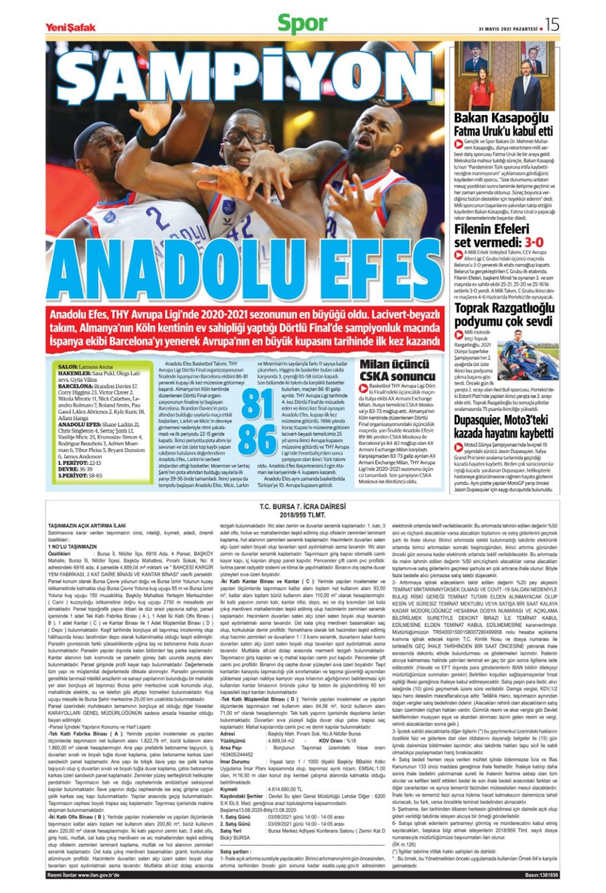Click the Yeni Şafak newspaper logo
[x=70, y=27]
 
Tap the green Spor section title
[x=302, y=24]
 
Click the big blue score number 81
[x=258, y=404]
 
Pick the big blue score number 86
[x=258, y=440]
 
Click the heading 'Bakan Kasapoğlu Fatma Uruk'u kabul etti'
[x=503, y=124]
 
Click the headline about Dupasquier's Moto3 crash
[x=503, y=427]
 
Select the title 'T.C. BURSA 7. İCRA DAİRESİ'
[x=302, y=506]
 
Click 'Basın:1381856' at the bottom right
[x=541, y=875]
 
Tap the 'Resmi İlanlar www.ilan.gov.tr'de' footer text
[x=84, y=875]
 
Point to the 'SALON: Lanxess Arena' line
[x=85, y=367]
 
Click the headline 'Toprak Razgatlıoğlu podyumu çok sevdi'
[x=504, y=314]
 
